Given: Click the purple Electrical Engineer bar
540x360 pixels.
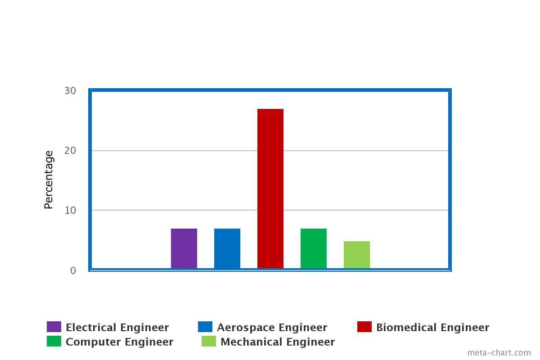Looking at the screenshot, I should tap(184, 248).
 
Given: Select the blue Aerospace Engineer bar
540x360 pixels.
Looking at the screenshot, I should tap(227, 248).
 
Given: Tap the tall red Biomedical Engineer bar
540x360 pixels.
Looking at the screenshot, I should tap(270, 189).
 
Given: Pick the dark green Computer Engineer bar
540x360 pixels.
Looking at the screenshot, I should tap(314, 248).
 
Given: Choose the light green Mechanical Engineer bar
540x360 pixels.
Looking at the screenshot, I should tap(357, 255).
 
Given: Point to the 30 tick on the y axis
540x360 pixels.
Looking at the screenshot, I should tap(70, 91).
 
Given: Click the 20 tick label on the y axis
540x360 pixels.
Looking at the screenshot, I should tap(70, 151).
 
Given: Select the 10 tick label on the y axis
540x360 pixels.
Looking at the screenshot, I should tap(70, 211).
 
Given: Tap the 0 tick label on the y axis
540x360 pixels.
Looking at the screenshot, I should tap(73, 270).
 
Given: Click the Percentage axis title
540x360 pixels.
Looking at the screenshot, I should tap(49, 180).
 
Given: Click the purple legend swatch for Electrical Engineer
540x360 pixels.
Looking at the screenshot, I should tap(54, 327).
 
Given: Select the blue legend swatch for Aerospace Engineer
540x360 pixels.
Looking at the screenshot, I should tap(205, 327).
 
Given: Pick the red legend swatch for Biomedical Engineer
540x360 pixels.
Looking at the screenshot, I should tap(364, 327).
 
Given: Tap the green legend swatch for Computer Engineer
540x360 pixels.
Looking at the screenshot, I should tap(54, 341).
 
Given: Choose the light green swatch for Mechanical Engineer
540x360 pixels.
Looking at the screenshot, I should tap(209, 341).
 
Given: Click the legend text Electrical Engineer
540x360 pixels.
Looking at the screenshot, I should tap(117, 328).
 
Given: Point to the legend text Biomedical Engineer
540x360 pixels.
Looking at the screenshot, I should tap(432, 328).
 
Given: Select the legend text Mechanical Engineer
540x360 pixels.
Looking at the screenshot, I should tap(278, 342).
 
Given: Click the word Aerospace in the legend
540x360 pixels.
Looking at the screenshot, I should tap(243, 328).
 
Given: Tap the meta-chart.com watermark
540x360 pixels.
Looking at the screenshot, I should tap(499, 353).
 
